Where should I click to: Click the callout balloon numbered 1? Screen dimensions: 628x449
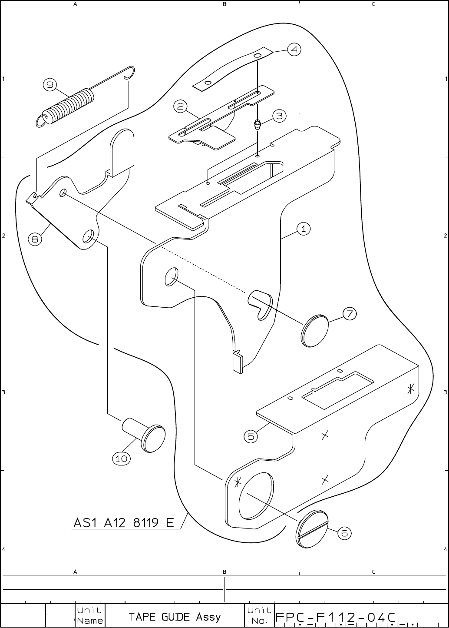pos(304,229)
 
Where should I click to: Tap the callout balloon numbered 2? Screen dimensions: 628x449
pos(181,106)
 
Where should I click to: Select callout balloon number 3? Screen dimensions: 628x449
pos(279,116)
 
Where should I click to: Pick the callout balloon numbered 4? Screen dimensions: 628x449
pos(294,50)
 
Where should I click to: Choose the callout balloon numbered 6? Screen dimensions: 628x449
pos(344,533)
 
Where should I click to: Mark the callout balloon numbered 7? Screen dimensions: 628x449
pos(350,313)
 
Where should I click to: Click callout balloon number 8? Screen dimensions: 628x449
pos(36,239)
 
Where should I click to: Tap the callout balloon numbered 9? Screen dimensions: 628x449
pos(50,85)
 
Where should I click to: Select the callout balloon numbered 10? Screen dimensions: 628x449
pos(121,458)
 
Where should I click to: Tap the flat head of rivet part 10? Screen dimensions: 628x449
pos(154,439)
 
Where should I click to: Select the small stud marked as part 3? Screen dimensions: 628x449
pos(258,125)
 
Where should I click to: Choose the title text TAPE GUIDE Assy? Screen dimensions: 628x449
pos(175,617)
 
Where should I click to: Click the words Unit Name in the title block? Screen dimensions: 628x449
pos(89,616)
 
